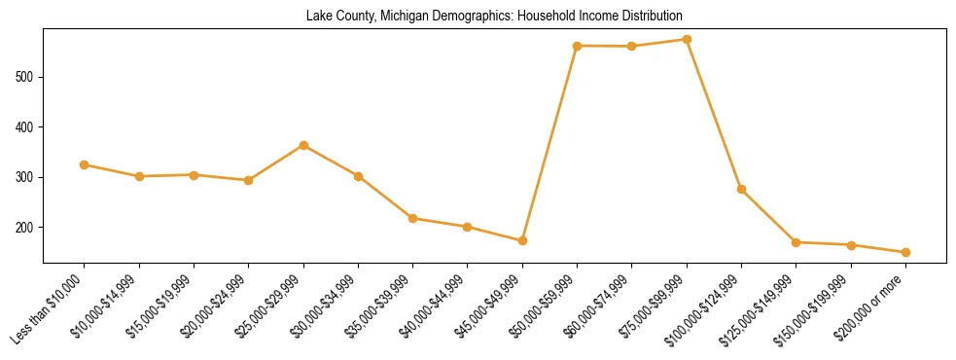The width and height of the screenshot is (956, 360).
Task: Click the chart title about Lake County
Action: [x=494, y=17]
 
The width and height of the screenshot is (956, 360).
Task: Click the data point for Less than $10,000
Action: [x=85, y=164]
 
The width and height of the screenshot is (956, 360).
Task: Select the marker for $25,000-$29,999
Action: [x=303, y=145]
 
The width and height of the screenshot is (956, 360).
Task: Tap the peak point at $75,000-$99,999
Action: [x=687, y=40]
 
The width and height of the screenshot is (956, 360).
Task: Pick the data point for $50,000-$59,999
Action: [x=577, y=46]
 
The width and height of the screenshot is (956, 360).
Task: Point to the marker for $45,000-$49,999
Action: [x=522, y=240]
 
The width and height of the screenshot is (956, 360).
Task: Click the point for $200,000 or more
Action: [x=905, y=252]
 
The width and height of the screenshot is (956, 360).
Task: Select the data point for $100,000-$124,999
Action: [x=741, y=189]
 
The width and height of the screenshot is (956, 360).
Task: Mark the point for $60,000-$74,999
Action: [x=632, y=46]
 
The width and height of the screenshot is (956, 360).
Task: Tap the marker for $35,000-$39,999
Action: [x=413, y=218]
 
